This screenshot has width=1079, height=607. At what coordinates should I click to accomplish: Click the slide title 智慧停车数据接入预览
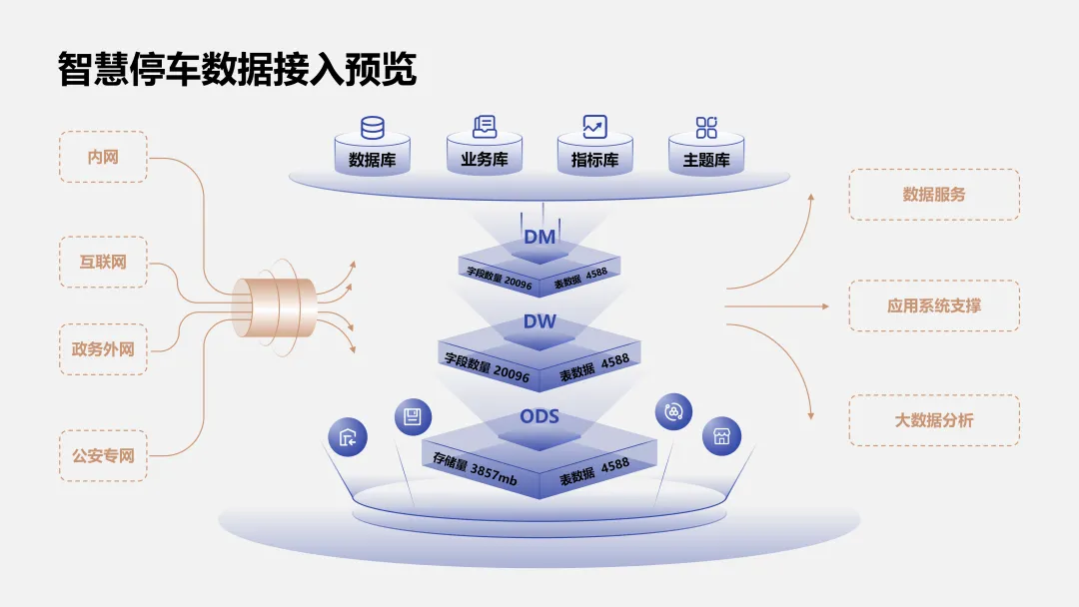coord(238,69)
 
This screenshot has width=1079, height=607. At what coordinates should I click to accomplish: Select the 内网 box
coord(103,157)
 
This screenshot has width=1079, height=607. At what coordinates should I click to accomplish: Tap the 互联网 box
coord(103,262)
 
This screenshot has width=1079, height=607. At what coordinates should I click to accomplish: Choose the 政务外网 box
coord(103,349)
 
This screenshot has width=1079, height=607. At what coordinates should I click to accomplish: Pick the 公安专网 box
coord(103,455)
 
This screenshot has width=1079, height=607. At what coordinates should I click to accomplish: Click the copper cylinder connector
coord(273,306)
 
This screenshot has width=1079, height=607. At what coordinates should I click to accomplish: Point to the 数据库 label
coord(372,160)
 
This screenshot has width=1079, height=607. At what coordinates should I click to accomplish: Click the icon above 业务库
coord(485,127)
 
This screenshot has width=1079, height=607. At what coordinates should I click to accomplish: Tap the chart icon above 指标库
coord(595,127)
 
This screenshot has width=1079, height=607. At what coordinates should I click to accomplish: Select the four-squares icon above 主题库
coord(706,127)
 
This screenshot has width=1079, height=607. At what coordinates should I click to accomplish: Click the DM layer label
coord(539,237)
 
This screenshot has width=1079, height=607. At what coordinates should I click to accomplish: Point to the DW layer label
coord(539,321)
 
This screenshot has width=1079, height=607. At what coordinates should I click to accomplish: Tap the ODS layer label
coord(539,415)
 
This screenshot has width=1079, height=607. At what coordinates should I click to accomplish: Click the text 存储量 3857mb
coord(475,468)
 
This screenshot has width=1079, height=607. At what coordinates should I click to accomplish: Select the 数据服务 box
coord(934,194)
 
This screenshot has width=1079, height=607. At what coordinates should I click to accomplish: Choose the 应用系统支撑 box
coord(934,305)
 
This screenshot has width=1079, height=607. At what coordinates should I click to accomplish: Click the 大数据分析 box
coord(934,419)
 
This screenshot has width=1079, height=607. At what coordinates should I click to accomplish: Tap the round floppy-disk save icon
coord(412,417)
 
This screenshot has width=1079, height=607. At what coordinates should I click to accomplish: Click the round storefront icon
coord(721,436)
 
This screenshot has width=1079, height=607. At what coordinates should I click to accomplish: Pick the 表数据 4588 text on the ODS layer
coord(594,470)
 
